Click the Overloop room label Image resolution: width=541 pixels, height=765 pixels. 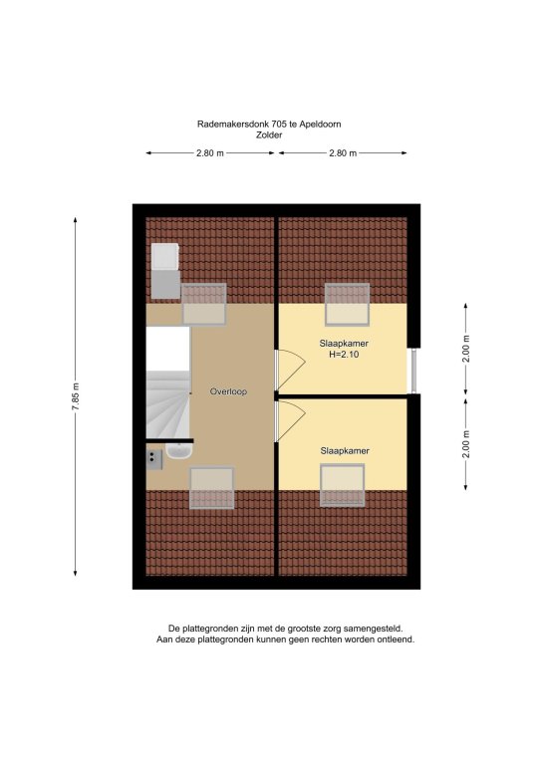[x=228, y=391]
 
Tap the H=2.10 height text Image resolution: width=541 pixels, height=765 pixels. [x=344, y=355]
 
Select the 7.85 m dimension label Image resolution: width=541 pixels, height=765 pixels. [x=76, y=396]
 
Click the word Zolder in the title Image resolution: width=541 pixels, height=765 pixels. [x=269, y=135]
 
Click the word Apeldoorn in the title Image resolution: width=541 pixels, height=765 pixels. [x=320, y=124]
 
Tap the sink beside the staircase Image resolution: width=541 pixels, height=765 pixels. [x=179, y=451]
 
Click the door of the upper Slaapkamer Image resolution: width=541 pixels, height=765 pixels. [x=291, y=370]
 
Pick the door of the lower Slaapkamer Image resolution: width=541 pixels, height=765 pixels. [x=291, y=420]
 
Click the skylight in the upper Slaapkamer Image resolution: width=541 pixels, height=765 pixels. [x=348, y=305]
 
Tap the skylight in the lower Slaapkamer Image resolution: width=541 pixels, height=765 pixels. [x=343, y=485]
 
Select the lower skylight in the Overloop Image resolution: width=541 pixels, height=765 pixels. [x=211, y=488]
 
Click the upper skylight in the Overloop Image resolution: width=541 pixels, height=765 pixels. [x=204, y=304]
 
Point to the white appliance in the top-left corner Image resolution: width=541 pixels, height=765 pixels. [x=165, y=256]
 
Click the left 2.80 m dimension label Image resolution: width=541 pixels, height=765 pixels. [x=210, y=153]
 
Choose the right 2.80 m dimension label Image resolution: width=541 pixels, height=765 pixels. [x=343, y=153]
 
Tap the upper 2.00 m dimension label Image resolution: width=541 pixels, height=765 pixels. [x=466, y=350]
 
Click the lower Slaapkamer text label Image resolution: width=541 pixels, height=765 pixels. [x=345, y=451]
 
